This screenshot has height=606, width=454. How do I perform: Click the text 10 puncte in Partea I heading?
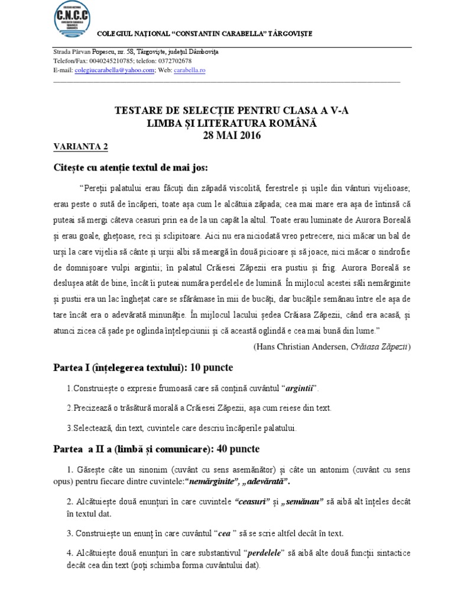coord(211,368)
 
